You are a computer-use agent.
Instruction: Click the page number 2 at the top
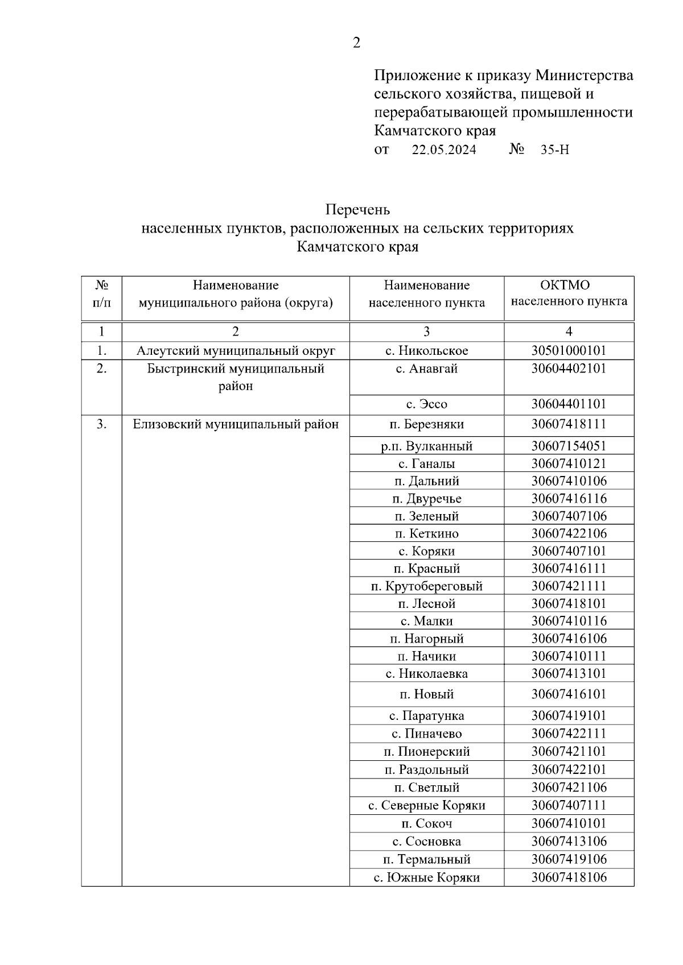[x=356, y=43]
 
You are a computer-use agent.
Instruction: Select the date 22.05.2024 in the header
[x=444, y=150]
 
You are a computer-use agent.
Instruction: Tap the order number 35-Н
[x=554, y=150]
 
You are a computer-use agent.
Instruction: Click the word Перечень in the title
[x=357, y=210]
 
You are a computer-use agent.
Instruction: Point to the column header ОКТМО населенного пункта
[x=569, y=293]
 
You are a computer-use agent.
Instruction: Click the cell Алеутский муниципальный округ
[x=236, y=350]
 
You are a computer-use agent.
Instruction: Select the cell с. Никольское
[x=426, y=350]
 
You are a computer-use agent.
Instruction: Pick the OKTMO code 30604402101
[x=569, y=368]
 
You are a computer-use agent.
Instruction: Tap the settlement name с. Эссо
[x=426, y=404]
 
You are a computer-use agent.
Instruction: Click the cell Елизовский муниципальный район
[x=236, y=424]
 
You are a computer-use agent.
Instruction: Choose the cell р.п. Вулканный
[x=426, y=446]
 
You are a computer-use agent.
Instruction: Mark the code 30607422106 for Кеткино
[x=569, y=533]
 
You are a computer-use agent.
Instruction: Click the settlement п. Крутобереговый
[x=426, y=586]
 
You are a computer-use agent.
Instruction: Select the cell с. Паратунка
[x=426, y=715]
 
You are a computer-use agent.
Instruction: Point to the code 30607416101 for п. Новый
[x=569, y=694]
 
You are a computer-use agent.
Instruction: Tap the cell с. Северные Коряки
[x=426, y=805]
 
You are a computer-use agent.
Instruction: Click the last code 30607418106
[x=569, y=877]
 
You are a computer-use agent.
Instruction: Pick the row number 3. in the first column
[x=101, y=424]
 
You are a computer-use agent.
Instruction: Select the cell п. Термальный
[x=426, y=859]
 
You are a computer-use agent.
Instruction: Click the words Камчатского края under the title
[x=357, y=247]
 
